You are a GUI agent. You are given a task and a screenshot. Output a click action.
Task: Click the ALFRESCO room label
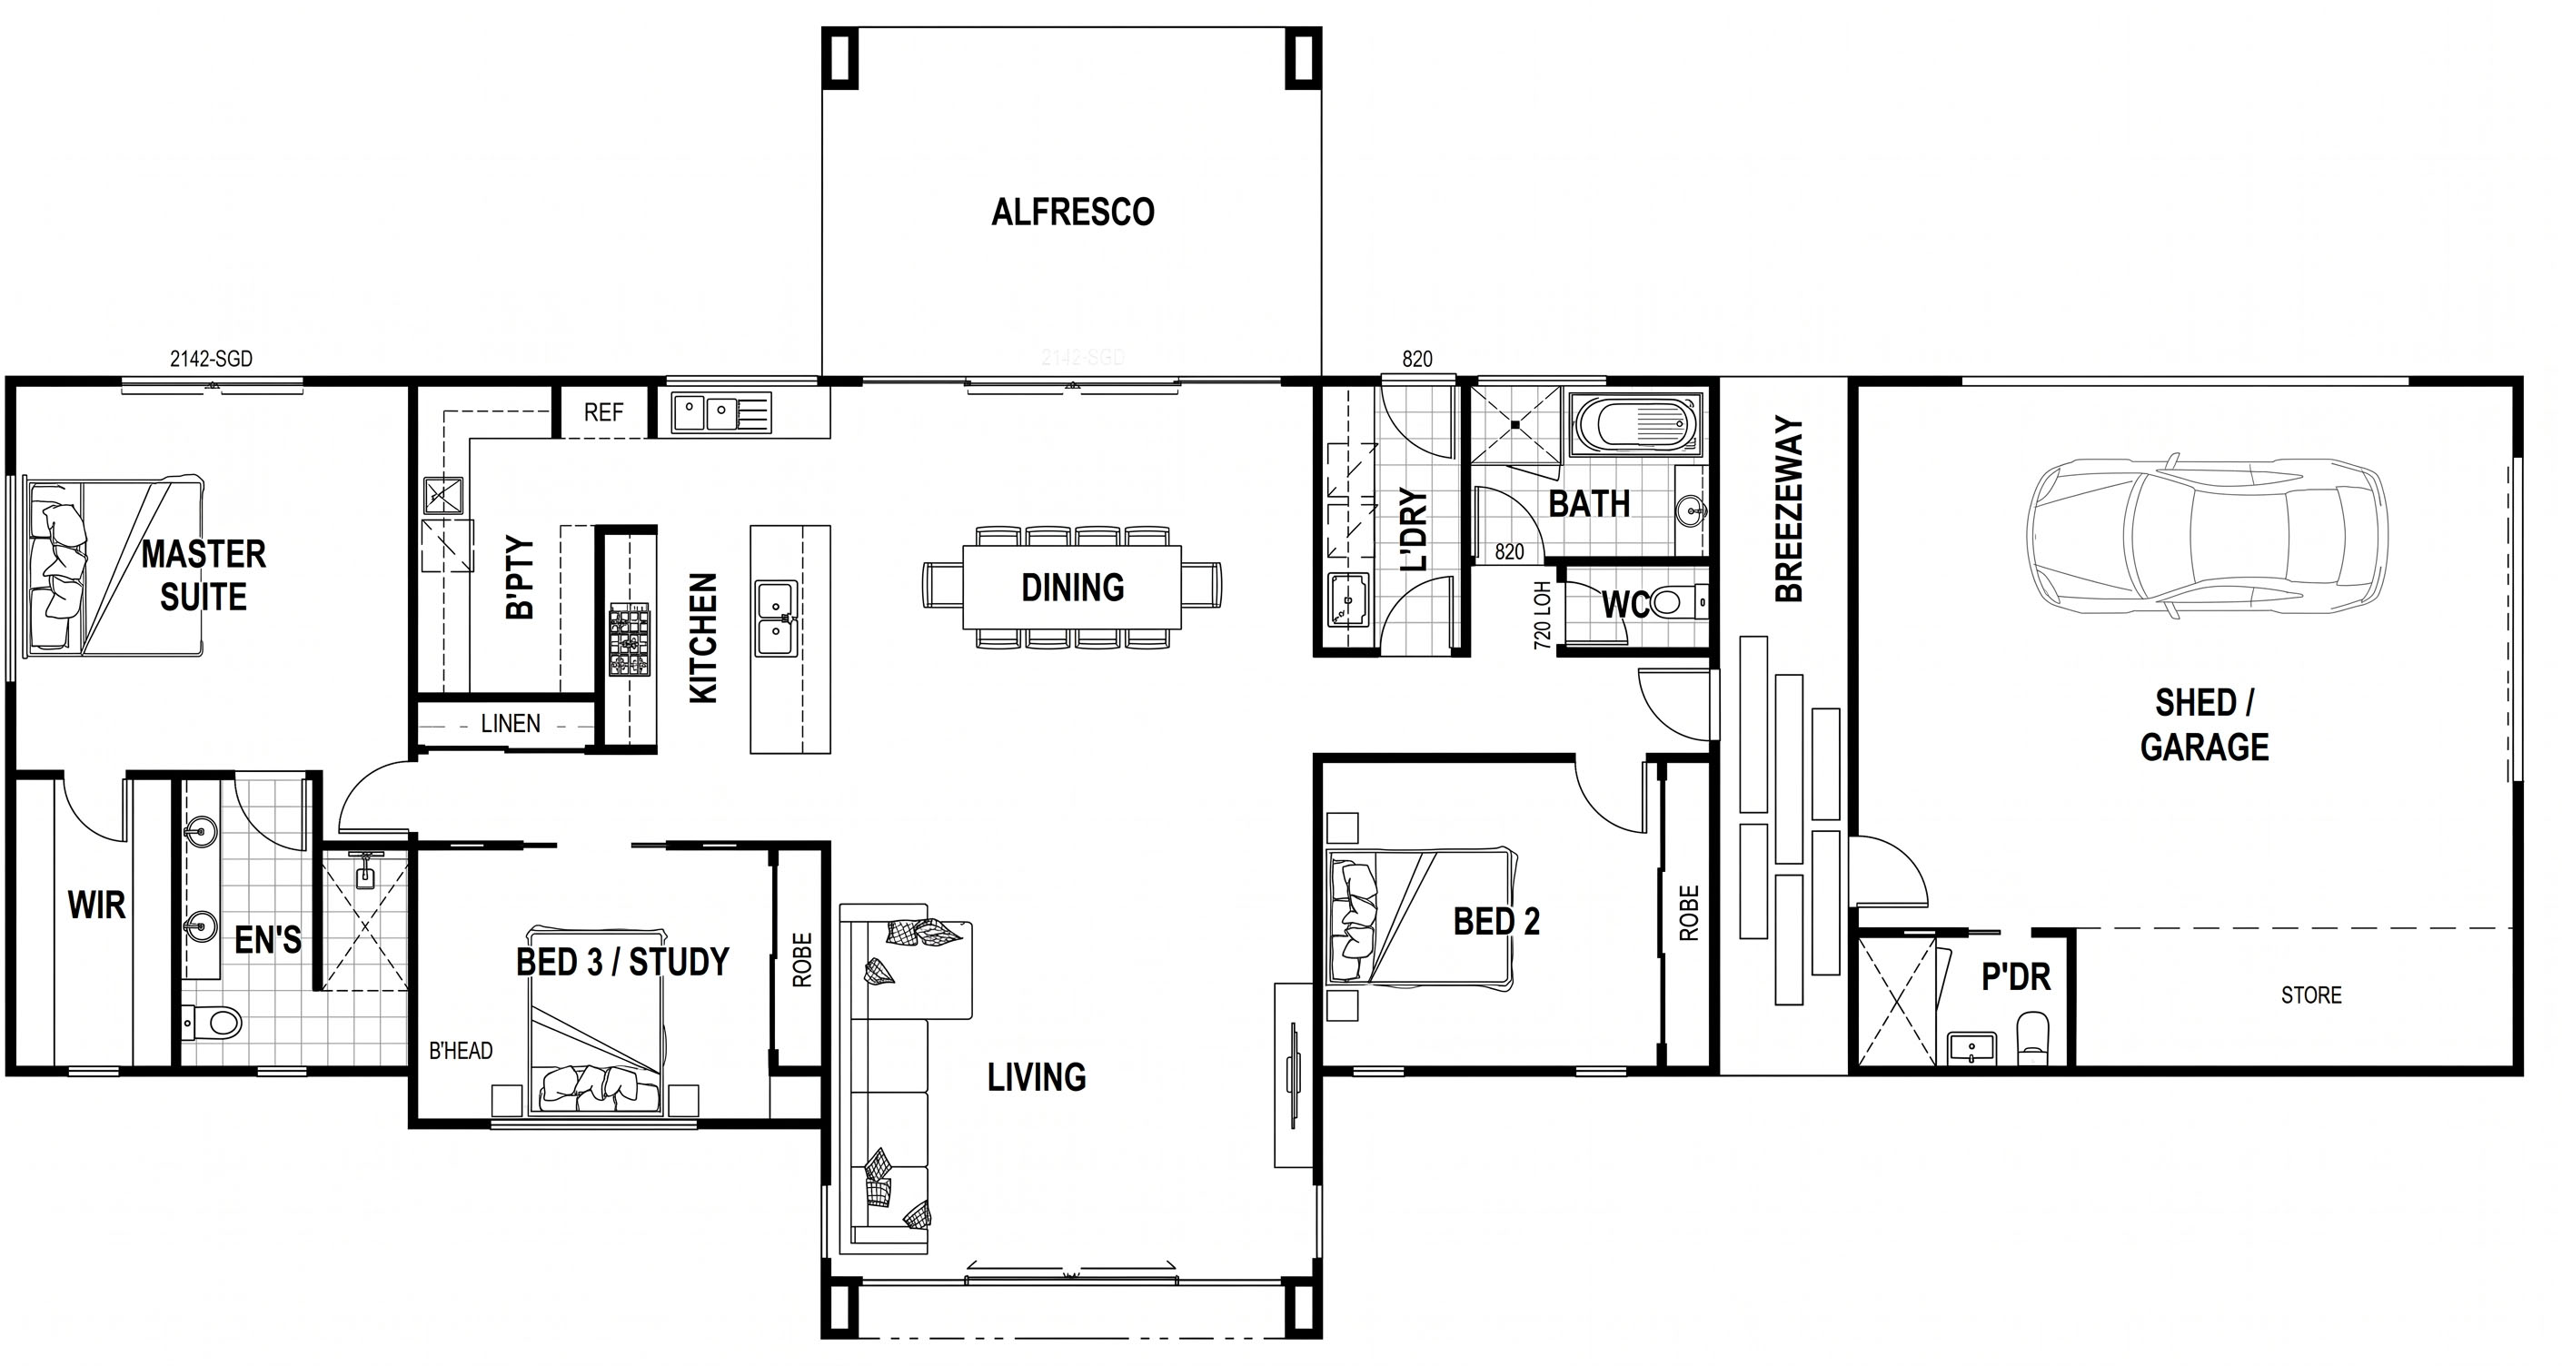pyautogui.click(x=1072, y=212)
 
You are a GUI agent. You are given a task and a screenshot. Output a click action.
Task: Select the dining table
pyautogui.click(x=1072, y=587)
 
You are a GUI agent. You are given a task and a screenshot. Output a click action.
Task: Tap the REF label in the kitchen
pyautogui.click(x=603, y=411)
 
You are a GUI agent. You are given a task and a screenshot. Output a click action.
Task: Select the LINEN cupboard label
pyautogui.click(x=511, y=723)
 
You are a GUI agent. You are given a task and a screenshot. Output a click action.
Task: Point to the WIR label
pyautogui.click(x=96, y=905)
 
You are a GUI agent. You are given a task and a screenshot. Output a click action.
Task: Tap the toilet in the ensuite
pyautogui.click(x=212, y=1020)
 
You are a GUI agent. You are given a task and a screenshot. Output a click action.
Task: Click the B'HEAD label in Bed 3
pyautogui.click(x=461, y=1050)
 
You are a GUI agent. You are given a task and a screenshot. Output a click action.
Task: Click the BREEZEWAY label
pyautogui.click(x=1788, y=509)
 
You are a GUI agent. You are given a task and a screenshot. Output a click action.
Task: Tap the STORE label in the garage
pyautogui.click(x=2311, y=995)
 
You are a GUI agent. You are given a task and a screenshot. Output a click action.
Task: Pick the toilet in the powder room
pyautogui.click(x=2033, y=1038)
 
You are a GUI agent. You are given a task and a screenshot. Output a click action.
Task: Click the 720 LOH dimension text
pyautogui.click(x=1543, y=616)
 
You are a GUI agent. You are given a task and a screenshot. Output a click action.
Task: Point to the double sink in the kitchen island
pyautogui.click(x=775, y=619)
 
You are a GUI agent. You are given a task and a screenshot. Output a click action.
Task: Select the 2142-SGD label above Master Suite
pyautogui.click(x=211, y=359)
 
